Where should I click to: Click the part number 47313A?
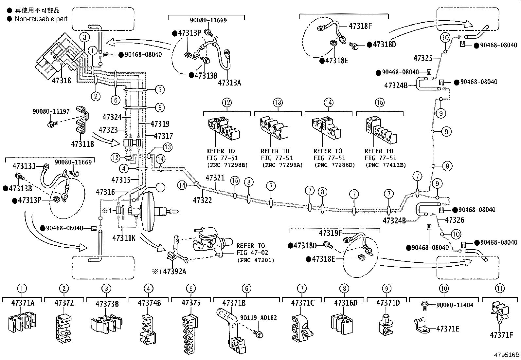(x=229, y=83)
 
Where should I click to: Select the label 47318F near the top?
(x=360, y=26)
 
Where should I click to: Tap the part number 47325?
(x=423, y=58)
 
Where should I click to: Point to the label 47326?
(x=455, y=220)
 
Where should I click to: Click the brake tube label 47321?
(x=215, y=178)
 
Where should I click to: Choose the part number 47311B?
(x=82, y=144)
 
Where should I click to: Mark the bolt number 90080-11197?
(x=51, y=111)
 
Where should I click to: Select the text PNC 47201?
(x=256, y=260)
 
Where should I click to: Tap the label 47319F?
(x=330, y=233)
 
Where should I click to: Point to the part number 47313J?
(x=24, y=166)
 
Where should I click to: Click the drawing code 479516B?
(x=507, y=355)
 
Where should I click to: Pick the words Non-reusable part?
(x=41, y=19)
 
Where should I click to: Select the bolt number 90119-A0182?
(x=258, y=317)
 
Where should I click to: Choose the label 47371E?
(x=447, y=329)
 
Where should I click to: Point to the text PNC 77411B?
(x=385, y=165)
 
